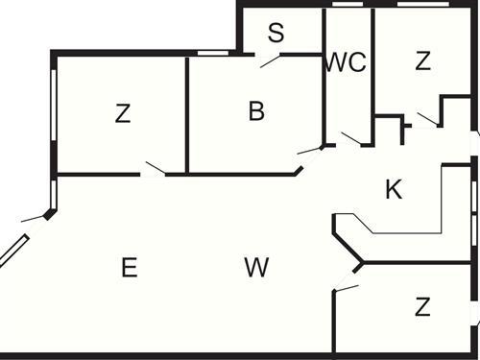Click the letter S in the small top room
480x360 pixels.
pos(276,34)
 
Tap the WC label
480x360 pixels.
pos(346,62)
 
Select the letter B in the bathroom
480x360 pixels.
pos(256,111)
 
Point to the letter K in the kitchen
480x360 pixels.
pos(393,190)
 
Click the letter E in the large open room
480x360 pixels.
pos(129,268)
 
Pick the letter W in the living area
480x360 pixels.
pos(255,268)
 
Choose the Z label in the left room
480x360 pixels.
pos(122,113)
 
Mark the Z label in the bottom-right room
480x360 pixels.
pos(422,307)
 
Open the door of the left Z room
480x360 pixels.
pos(154,169)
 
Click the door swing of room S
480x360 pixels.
pos(271,61)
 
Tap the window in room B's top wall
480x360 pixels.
pos(211,53)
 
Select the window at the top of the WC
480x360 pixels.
pos(348,5)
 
